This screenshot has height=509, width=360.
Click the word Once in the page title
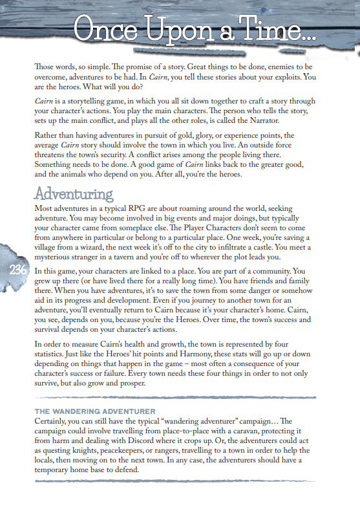(x=107, y=29)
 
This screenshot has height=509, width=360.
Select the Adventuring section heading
(x=74, y=193)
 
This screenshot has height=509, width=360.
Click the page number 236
(x=19, y=270)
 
